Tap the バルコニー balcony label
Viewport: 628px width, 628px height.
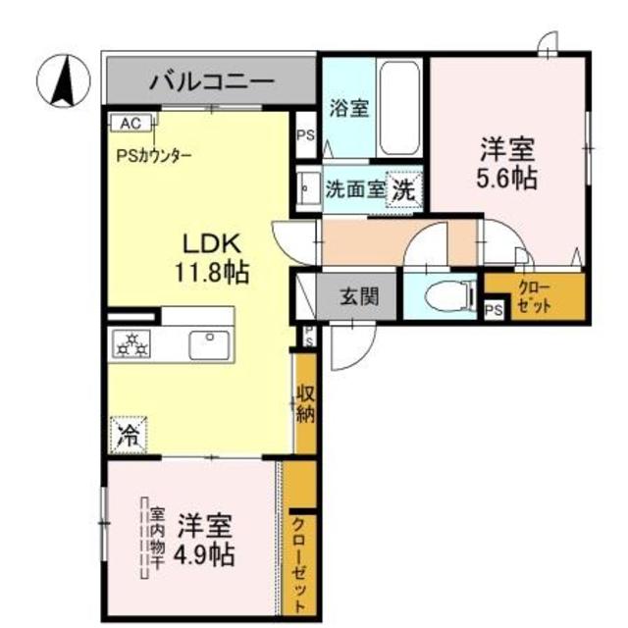pos(211,82)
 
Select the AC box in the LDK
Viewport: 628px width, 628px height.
pos(130,124)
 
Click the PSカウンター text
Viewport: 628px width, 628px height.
pos(154,155)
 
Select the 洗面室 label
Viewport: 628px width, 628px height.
pos(355,189)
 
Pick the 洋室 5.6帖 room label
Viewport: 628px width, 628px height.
pos(507,164)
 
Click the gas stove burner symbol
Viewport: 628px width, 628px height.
pos(131,344)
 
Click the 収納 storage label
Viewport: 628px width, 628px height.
pos(305,401)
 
